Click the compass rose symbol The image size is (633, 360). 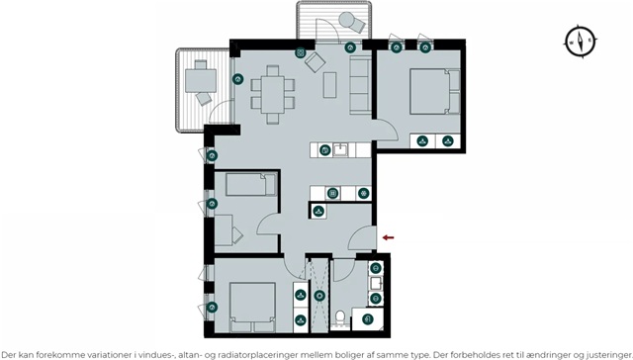[581, 42]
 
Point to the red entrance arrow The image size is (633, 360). [388, 237]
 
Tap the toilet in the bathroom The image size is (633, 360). [340, 317]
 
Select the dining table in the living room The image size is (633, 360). [273, 94]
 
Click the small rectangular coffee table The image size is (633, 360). [329, 85]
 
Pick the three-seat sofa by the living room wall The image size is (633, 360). [360, 84]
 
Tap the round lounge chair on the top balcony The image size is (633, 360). [351, 22]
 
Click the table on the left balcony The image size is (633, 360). [201, 80]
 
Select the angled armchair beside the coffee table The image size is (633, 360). [315, 62]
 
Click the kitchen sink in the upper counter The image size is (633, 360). [341, 149]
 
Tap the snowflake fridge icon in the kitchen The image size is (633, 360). [364, 193]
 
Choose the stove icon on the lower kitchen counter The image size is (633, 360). [332, 193]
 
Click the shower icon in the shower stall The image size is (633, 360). [319, 296]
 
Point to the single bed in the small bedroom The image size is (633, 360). [251, 184]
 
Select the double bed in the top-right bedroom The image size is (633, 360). [435, 91]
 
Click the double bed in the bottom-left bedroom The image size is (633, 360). [253, 308]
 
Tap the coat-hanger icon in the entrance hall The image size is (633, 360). [318, 211]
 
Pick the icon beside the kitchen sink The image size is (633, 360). [325, 150]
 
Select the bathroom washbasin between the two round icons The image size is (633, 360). [376, 283]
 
